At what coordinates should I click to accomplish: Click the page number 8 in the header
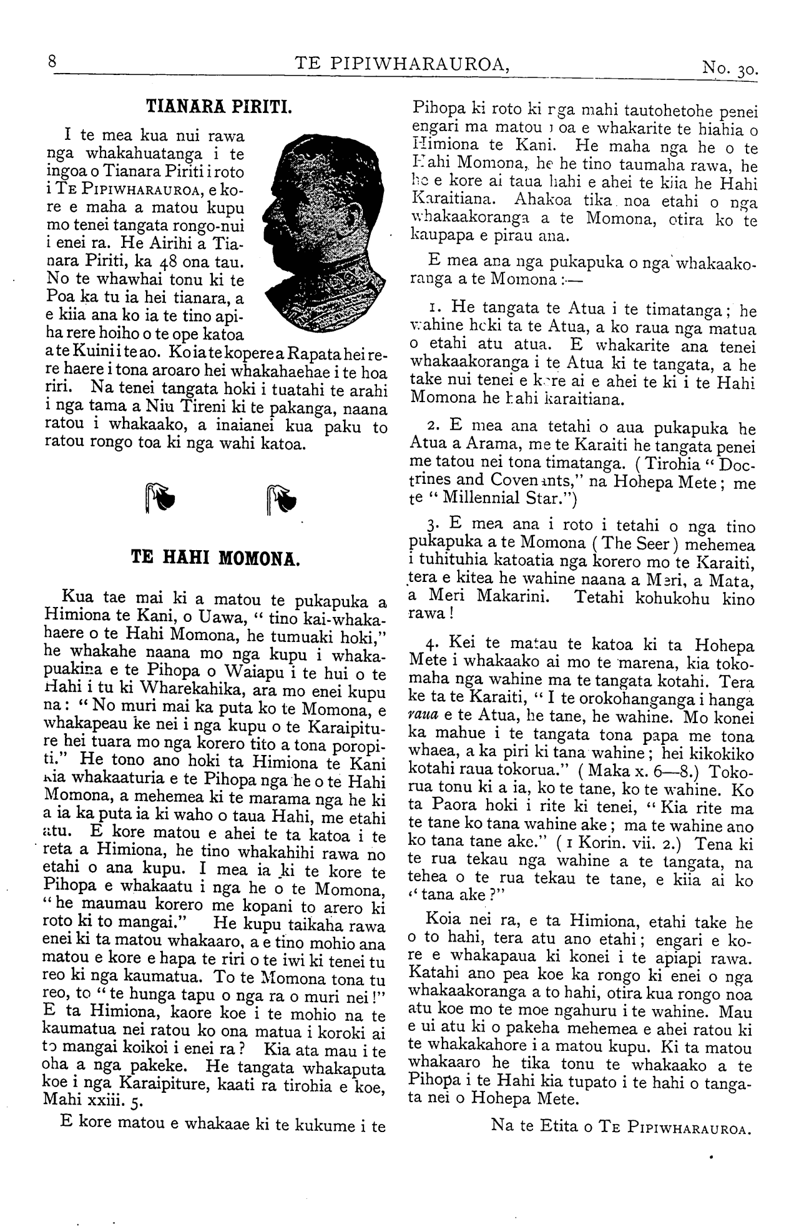52,62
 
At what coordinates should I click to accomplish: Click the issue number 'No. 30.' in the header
729,67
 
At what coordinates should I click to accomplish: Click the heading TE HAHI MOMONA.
217,556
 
